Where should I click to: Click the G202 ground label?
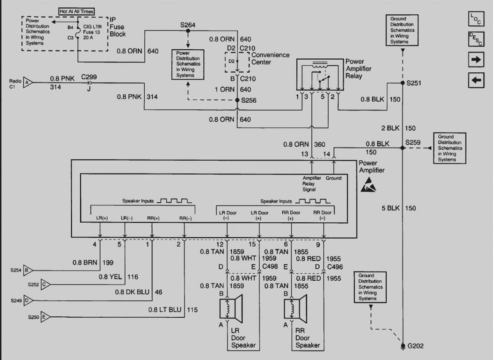click(415, 346)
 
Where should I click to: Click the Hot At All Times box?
click(76, 12)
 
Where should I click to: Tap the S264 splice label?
click(188, 25)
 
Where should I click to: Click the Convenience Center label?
click(270, 58)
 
